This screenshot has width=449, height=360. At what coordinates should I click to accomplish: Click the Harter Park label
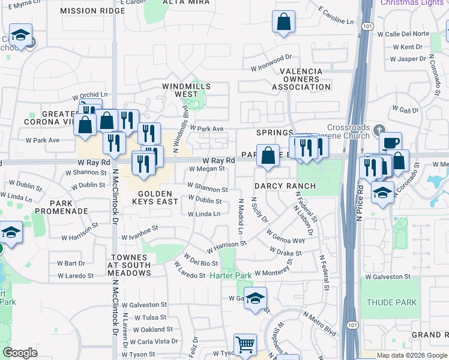[x=231, y=275]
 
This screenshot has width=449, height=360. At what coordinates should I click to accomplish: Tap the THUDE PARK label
[x=391, y=302]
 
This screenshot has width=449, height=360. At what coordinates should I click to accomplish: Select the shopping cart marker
[x=245, y=345]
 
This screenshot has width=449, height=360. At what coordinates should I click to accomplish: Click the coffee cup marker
[x=390, y=143]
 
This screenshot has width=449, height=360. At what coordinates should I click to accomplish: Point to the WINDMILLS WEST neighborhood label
[x=187, y=90]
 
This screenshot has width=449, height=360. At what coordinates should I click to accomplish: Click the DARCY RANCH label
[x=284, y=186]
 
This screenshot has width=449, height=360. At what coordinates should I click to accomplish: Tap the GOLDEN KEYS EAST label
[x=158, y=197]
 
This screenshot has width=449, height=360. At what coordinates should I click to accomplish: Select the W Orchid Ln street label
[x=89, y=95]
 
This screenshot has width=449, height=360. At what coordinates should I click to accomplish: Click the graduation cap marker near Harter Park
[x=255, y=298]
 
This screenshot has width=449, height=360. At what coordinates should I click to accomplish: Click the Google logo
[x=20, y=353]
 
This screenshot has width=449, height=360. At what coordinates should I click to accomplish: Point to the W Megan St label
[x=206, y=169]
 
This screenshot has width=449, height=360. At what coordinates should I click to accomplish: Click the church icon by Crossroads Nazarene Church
[x=379, y=130]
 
